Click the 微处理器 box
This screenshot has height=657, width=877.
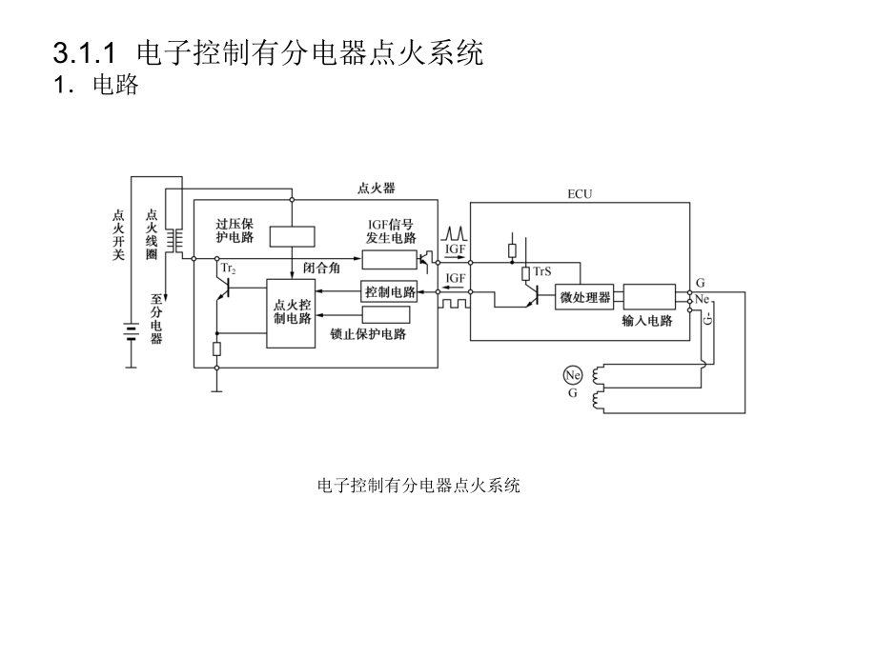pyautogui.click(x=584, y=297)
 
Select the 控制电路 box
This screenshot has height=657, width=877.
pyautogui.click(x=389, y=291)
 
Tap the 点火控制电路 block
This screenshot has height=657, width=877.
pyautogui.click(x=291, y=313)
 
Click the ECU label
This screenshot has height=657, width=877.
pyautogui.click(x=580, y=194)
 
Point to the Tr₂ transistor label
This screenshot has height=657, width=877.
pyautogui.click(x=228, y=269)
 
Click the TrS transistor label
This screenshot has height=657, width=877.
pyautogui.click(x=542, y=271)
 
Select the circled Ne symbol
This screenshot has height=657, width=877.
pyautogui.click(x=572, y=375)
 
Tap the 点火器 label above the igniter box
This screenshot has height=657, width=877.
pyautogui.click(x=376, y=189)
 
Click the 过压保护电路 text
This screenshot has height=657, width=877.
pyautogui.click(x=235, y=230)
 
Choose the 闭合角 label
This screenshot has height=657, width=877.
pyautogui.click(x=321, y=269)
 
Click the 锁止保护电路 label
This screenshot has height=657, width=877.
pyautogui.click(x=368, y=334)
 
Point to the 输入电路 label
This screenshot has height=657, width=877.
pyautogui.click(x=647, y=321)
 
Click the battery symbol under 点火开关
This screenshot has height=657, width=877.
pyautogui.click(x=132, y=332)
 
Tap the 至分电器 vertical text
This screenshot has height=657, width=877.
pyautogui.click(x=156, y=320)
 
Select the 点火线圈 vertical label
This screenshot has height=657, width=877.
pyautogui.click(x=152, y=234)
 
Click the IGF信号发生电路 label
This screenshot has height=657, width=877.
pyautogui.click(x=391, y=231)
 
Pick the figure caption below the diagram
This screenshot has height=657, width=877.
pyautogui.click(x=418, y=486)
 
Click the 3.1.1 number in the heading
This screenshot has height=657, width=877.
pyautogui.click(x=85, y=53)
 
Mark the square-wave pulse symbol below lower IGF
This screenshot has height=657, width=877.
pyautogui.click(x=454, y=304)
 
